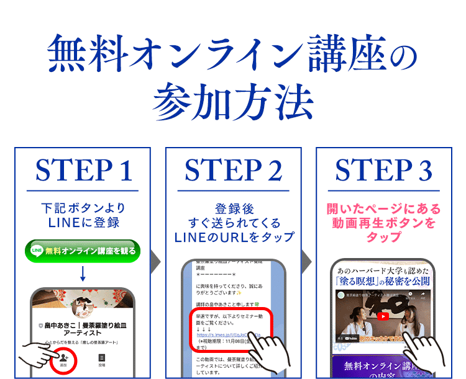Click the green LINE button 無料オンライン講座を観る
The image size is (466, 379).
(83, 251)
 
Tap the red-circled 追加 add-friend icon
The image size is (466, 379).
(63, 360)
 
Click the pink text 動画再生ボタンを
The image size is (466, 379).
(383, 223)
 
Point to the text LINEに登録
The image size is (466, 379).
(83, 223)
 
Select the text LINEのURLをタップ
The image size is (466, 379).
(233, 237)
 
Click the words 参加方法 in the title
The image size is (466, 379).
(233, 100)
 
